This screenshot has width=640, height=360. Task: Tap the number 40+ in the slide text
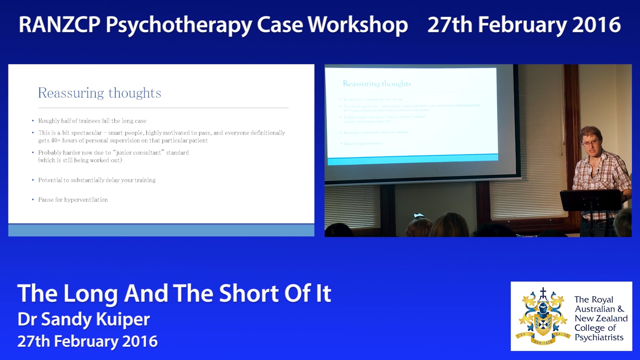tap(56, 141)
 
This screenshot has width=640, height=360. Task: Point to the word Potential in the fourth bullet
tap(50, 180)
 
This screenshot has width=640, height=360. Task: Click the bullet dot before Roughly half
tap(33, 121)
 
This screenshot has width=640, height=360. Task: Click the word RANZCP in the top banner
tap(59, 25)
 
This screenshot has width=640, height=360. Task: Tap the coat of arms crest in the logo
tap(542, 317)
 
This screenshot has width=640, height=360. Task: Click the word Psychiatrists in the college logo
tap(599, 337)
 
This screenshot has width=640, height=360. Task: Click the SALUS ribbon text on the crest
tap(562, 334)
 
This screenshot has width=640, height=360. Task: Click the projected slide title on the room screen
tap(377, 83)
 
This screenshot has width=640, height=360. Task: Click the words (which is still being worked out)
tap(80, 160)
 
